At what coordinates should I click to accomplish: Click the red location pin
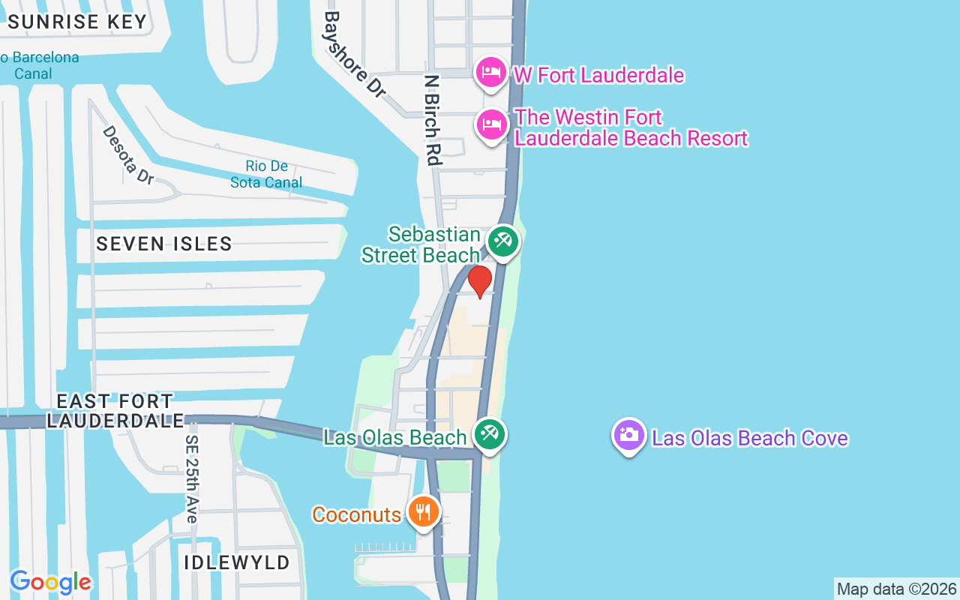click(x=480, y=280)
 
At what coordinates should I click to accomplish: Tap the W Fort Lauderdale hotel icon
click(x=491, y=73)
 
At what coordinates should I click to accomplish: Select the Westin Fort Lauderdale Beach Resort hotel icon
click(x=491, y=125)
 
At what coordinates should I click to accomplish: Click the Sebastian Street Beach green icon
click(x=502, y=242)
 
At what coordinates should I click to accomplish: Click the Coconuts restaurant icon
click(x=424, y=512)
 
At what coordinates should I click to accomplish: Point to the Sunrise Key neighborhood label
click(x=77, y=22)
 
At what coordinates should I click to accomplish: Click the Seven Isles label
click(x=164, y=244)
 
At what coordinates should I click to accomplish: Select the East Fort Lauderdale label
click(x=115, y=411)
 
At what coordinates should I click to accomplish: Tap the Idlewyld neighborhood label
click(x=238, y=562)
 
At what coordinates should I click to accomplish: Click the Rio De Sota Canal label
click(x=266, y=174)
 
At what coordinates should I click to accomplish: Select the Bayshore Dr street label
click(x=354, y=53)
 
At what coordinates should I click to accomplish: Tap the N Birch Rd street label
click(x=431, y=119)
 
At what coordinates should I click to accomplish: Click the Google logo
click(x=51, y=582)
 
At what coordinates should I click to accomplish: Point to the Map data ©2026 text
click(x=896, y=589)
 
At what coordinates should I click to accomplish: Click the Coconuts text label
click(x=357, y=514)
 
